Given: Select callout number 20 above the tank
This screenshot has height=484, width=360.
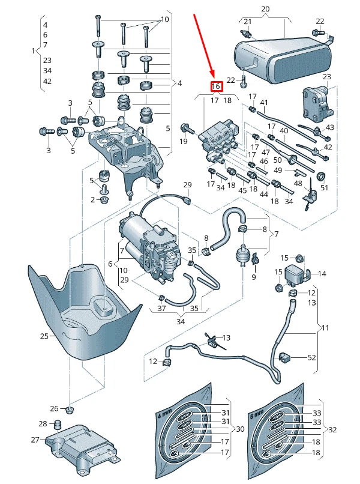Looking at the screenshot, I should click(266, 9).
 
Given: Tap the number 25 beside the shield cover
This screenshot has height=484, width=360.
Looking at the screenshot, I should click(44, 336).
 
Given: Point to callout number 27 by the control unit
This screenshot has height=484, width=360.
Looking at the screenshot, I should click(35, 440).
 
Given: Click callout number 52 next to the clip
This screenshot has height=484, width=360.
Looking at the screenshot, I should click(311, 357).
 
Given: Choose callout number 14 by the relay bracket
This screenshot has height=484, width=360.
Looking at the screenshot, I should click(322, 274).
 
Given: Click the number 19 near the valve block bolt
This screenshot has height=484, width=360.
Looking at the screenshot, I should click(184, 142).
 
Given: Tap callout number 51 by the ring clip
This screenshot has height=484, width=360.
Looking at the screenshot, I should click(325, 187).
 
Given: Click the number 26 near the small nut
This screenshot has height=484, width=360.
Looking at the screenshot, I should click(54, 409).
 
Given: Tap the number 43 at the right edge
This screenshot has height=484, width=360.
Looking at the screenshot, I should click(329, 127).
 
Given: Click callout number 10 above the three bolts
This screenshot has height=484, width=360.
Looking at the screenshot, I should click(164, 19).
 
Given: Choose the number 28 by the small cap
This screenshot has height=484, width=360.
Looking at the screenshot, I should click(43, 424).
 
